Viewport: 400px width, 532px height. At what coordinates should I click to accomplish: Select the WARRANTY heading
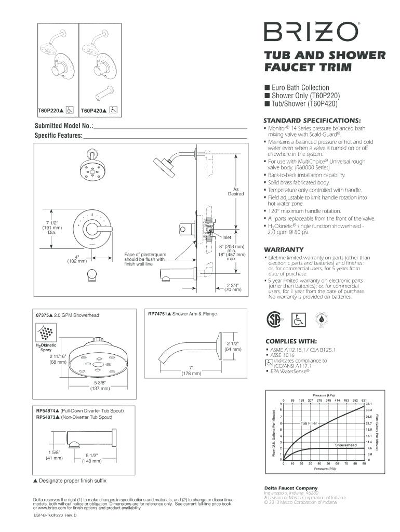[284, 249]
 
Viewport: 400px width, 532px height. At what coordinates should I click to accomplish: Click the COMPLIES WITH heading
[291, 341]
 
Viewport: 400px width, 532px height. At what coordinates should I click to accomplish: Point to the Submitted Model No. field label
[64, 126]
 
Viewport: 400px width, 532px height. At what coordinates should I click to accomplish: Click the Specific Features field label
[59, 136]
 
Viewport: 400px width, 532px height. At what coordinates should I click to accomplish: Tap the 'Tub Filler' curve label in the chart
[309, 423]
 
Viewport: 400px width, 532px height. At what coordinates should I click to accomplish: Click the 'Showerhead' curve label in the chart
[345, 445]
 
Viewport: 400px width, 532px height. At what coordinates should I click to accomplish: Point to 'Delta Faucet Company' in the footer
[291, 488]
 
